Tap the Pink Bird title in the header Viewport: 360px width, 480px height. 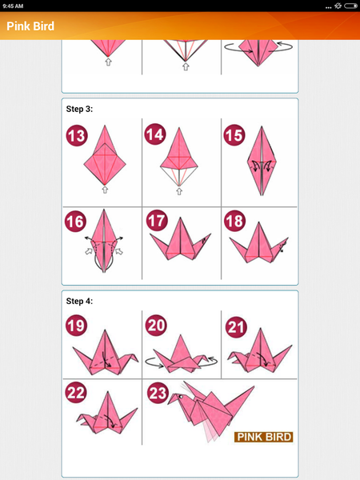(x=30, y=26)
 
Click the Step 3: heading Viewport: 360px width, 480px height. (x=79, y=108)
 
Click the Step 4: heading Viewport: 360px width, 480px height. (x=79, y=301)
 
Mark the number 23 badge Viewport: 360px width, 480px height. (x=157, y=393)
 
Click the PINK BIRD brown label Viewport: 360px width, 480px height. (x=263, y=437)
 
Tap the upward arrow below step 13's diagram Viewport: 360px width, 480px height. (x=104, y=190)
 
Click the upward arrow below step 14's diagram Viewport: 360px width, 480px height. (x=182, y=190)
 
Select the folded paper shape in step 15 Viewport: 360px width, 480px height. (x=259, y=164)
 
